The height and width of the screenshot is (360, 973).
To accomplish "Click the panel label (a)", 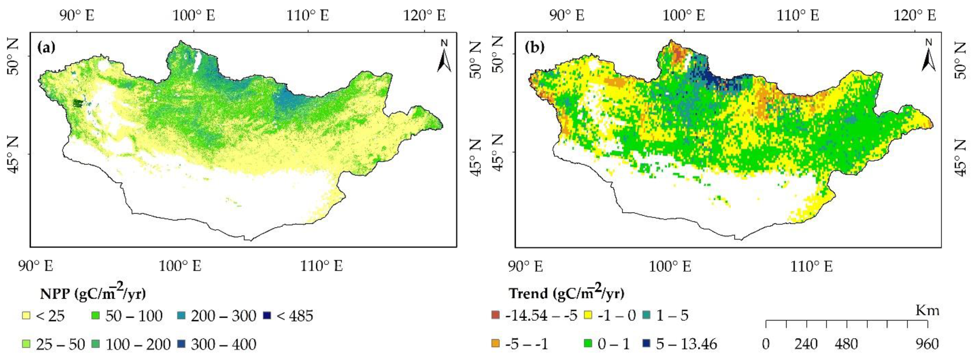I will [x=46, y=48].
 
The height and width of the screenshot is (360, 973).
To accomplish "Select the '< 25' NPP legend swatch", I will [x=26, y=315].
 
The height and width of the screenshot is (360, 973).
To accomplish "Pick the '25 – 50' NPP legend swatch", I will [x=26, y=344].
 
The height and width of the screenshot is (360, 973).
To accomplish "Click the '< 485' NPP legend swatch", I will [x=267, y=315].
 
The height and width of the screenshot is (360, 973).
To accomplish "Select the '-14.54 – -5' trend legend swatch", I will [x=495, y=315].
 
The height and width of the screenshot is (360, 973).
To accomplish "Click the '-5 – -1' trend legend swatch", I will [x=495, y=344].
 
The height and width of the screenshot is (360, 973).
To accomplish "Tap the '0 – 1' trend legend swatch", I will [x=588, y=344].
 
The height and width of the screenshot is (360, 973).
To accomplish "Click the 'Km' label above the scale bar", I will [x=927, y=311].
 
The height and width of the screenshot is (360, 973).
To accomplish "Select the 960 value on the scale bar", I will [x=927, y=344].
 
